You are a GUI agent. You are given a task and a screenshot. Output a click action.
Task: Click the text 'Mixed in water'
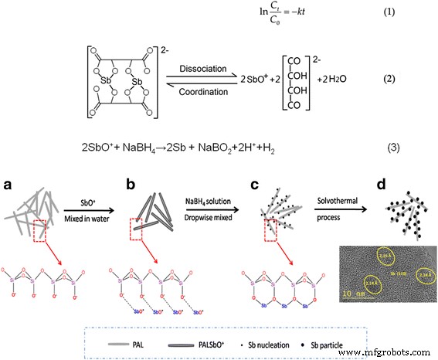pyautogui.click(x=90, y=215)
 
